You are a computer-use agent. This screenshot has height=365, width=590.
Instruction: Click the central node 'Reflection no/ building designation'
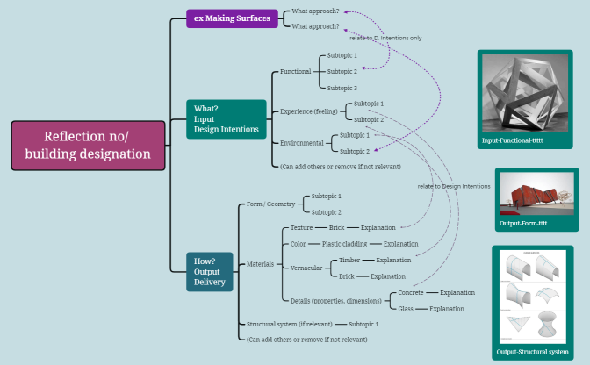(x=88, y=145)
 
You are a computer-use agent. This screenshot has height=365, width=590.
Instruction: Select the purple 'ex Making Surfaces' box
(x=233, y=17)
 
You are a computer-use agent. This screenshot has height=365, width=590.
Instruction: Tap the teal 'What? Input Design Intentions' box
(x=226, y=119)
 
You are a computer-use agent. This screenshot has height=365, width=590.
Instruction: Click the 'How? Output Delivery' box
(x=209, y=271)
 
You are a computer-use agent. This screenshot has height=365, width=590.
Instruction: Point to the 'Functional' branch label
(x=295, y=71)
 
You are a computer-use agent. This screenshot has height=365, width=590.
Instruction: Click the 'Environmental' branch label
(x=301, y=143)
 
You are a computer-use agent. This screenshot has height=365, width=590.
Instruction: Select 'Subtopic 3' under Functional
(x=342, y=88)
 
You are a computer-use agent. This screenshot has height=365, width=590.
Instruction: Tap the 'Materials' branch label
(x=261, y=263)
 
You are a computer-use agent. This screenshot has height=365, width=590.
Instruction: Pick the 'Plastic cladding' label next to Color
(x=346, y=244)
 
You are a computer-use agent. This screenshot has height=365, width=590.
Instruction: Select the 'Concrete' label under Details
(x=411, y=292)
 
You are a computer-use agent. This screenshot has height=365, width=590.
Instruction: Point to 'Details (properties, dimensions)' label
(x=335, y=301)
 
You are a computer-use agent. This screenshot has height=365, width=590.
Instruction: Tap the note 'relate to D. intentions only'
(x=385, y=38)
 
